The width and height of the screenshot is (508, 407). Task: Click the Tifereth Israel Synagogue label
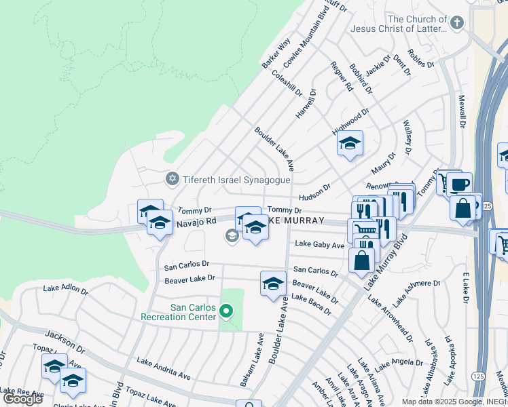(x=236, y=180)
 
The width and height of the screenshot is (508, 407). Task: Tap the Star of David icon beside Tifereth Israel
(x=173, y=179)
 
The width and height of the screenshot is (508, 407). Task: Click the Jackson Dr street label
(x=65, y=343)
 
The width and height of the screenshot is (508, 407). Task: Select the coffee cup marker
(x=459, y=185)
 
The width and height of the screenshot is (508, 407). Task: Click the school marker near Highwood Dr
(x=350, y=144)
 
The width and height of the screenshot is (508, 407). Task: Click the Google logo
(x=22, y=398)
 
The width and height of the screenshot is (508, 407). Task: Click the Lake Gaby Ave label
(x=319, y=245)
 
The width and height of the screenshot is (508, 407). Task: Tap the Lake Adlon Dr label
(x=65, y=290)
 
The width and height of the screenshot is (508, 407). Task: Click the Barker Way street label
(x=276, y=52)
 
